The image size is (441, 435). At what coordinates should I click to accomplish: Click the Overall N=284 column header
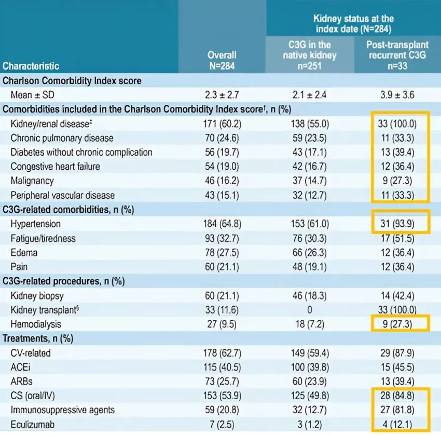(222, 60)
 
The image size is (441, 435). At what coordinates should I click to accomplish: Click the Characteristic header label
(31, 66)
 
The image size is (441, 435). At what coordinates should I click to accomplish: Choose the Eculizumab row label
(34, 425)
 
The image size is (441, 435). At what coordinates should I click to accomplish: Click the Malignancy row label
(33, 181)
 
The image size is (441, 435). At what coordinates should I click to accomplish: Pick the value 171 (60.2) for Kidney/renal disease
(222, 124)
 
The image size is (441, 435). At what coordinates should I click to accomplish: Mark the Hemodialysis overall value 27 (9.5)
(222, 324)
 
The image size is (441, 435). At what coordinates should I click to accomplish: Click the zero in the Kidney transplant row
(310, 310)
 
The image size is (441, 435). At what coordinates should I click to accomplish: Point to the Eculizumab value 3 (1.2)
(310, 425)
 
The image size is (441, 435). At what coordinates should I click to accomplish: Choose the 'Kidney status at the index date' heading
(353, 24)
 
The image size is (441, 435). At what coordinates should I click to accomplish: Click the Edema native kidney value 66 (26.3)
(310, 252)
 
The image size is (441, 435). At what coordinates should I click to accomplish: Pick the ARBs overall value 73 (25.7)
(222, 382)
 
